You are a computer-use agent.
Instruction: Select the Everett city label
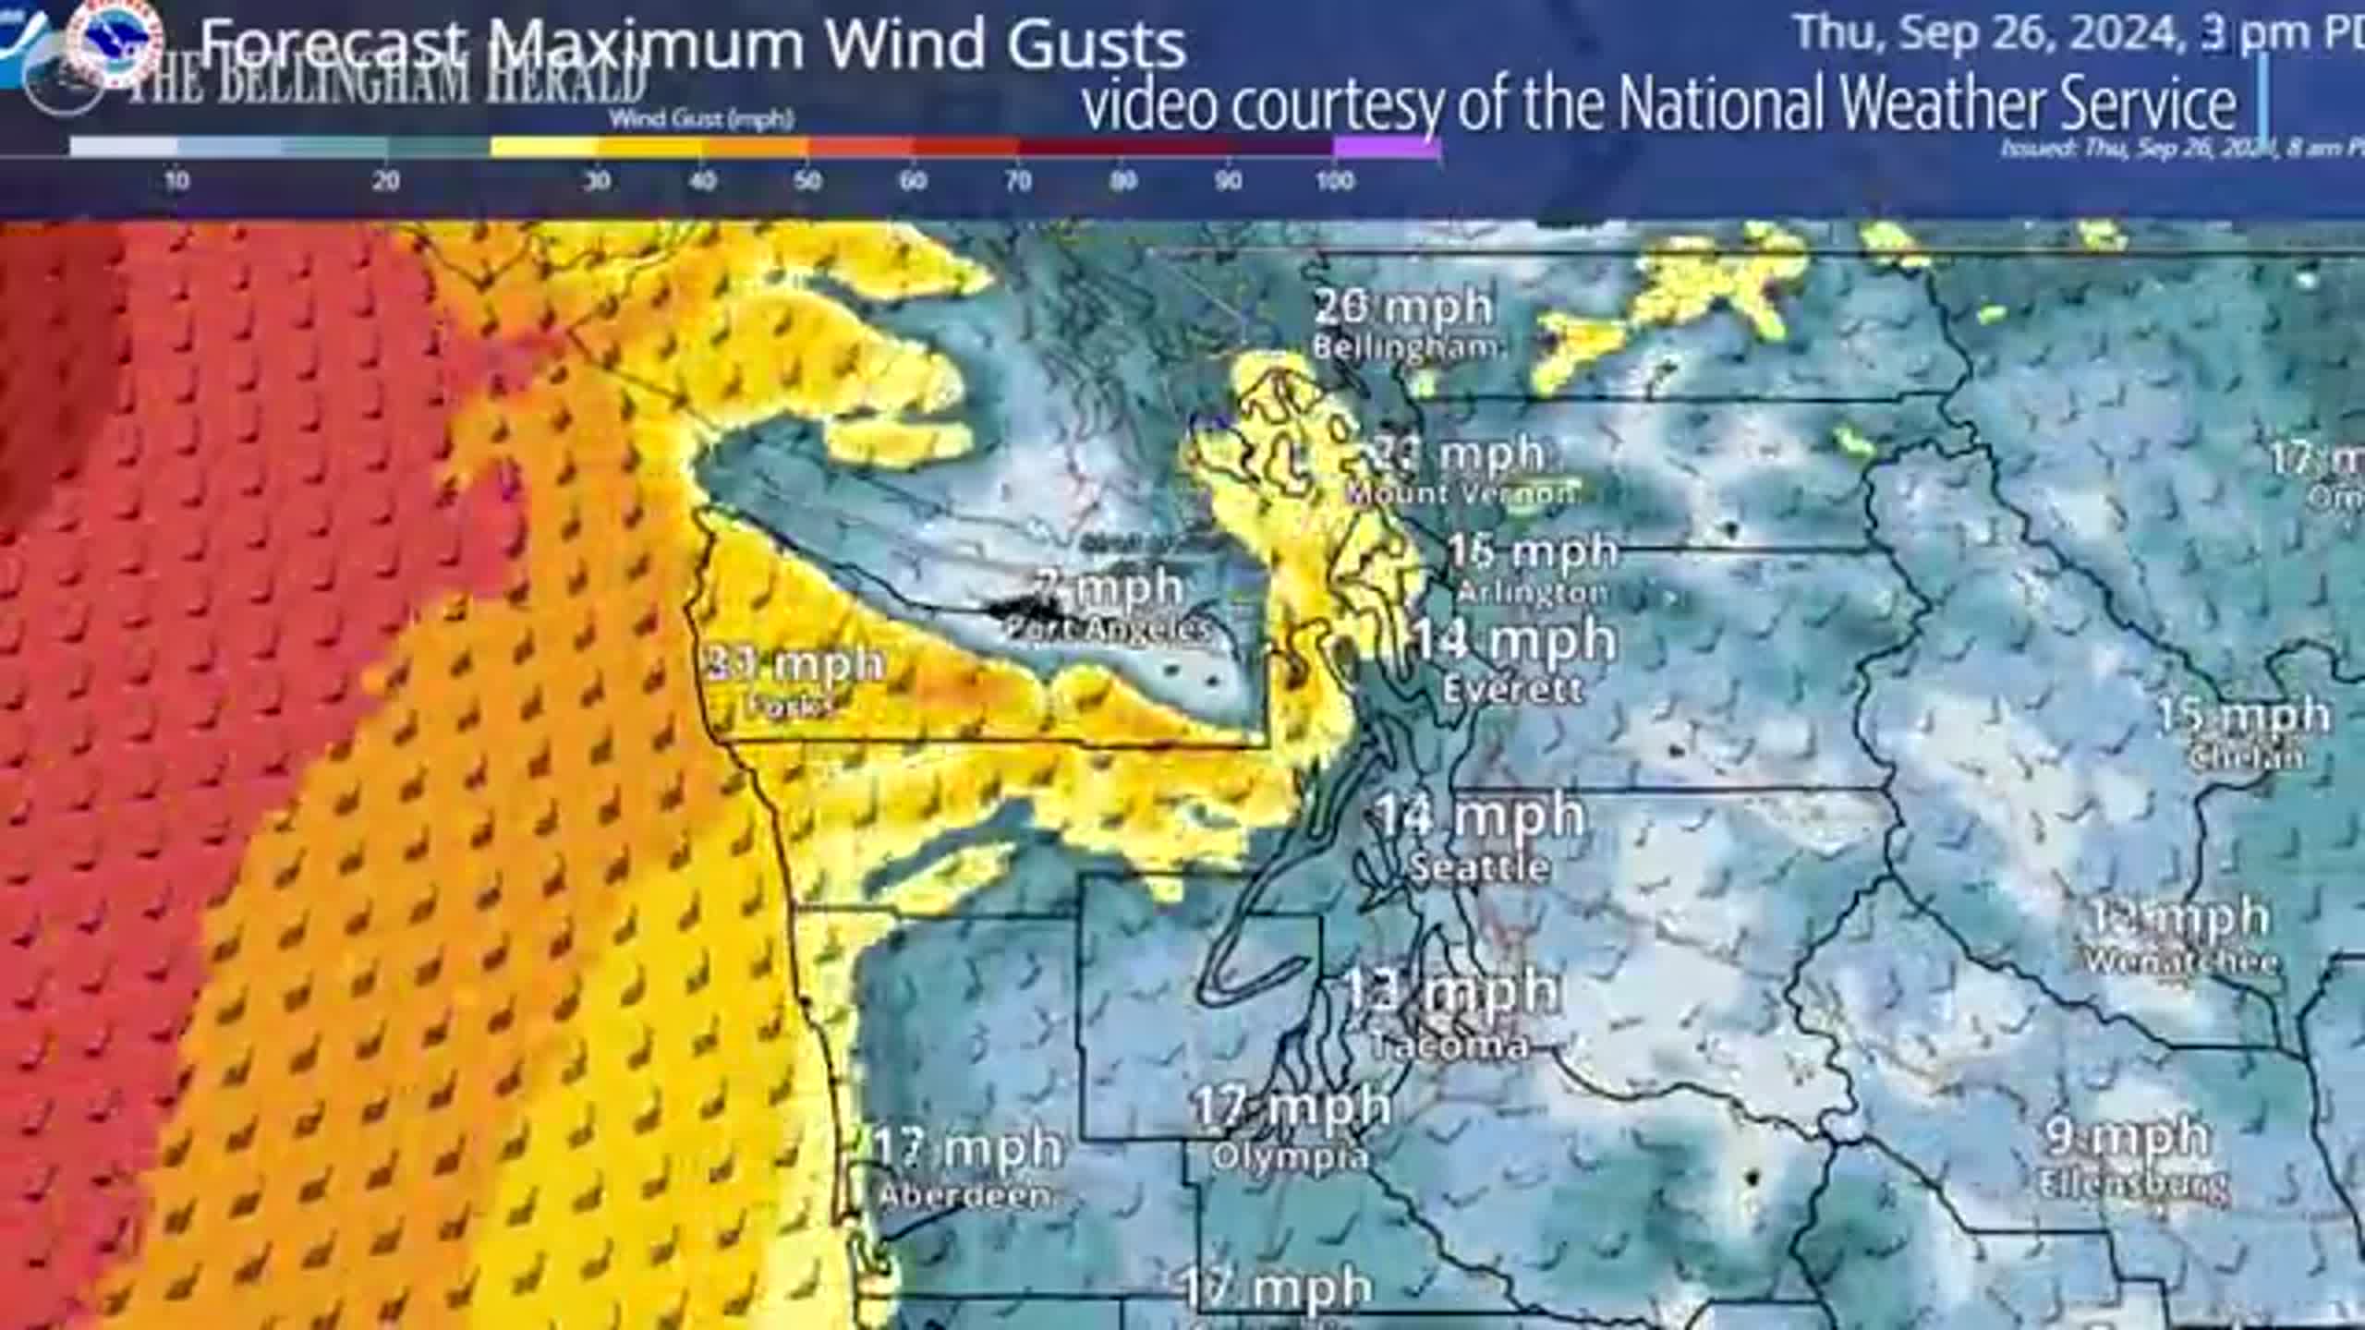[1512, 689]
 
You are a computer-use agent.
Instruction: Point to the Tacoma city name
[1449, 1046]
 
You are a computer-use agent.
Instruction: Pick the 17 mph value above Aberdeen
[966, 1148]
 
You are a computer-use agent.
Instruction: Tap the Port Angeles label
[1107, 631]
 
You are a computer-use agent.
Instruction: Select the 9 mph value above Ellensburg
[2126, 1137]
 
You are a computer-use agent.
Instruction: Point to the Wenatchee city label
[2181, 962]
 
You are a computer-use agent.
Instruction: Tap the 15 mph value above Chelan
[2243, 716]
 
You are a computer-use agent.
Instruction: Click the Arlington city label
[1533, 592]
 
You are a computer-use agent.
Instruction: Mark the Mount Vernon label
[1461, 493]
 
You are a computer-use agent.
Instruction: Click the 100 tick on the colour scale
[1334, 181]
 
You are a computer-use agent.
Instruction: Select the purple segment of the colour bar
[1386, 147]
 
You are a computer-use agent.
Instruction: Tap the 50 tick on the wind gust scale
[807, 181]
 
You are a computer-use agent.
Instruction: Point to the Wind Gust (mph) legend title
[701, 118]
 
